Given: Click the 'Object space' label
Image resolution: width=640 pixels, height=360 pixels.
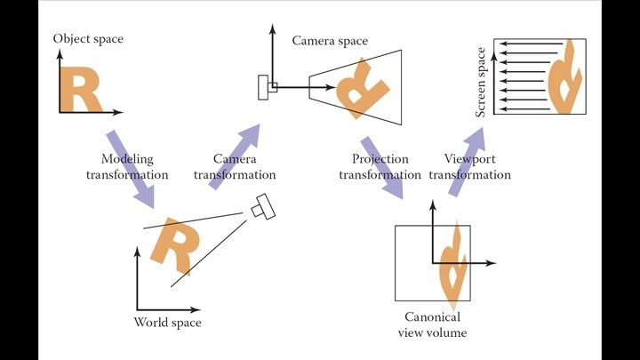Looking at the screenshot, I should pos(88,39).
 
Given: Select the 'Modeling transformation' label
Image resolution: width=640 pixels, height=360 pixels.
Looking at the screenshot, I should pos(126,167).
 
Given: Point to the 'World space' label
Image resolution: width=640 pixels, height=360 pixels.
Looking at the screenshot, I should pos(167,322).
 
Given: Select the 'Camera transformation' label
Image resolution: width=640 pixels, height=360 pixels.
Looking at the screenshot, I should pos(235,167).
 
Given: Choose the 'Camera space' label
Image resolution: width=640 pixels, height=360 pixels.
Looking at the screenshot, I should pos(330,41).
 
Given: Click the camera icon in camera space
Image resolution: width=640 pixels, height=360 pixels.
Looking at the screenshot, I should pos(267,87).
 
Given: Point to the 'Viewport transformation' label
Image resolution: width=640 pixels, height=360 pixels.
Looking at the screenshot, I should pos(469,167).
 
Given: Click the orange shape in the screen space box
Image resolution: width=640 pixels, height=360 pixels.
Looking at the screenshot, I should pos(564,78).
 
